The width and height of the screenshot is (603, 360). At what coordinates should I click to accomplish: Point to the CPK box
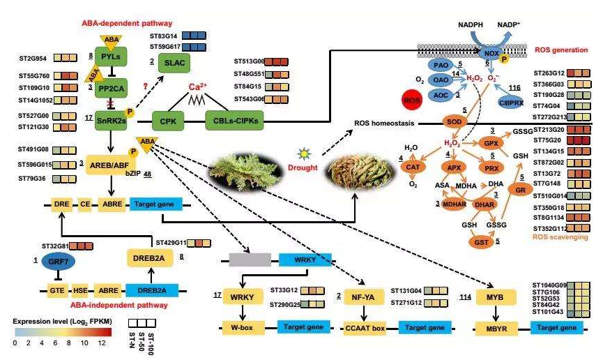click(169, 120)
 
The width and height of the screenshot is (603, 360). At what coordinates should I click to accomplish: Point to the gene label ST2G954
click(32, 57)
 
